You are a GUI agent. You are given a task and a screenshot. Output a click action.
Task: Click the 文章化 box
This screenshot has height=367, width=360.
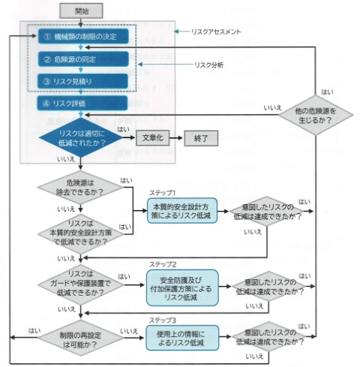click(x=155, y=138)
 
